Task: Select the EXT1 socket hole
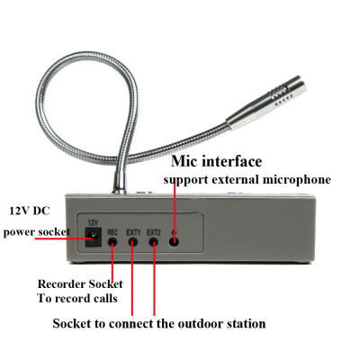coord(133,239)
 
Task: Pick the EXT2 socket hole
coord(154,239)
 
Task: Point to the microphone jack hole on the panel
coord(175,239)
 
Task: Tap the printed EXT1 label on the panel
coord(133,229)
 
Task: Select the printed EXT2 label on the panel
coord(154,229)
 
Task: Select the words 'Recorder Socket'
coord(81,283)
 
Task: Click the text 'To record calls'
coord(77,299)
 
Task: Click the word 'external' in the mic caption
coord(233,180)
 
